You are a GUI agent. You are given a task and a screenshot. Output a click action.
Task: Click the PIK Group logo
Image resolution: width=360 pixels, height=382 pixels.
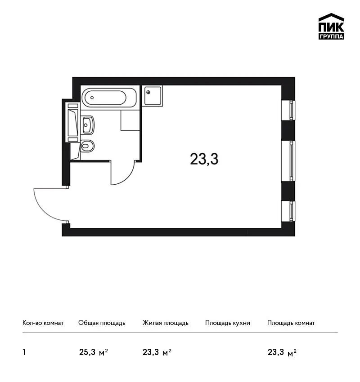click(x=331, y=27)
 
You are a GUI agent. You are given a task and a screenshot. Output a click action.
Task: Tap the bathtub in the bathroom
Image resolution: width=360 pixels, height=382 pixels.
click(x=109, y=98)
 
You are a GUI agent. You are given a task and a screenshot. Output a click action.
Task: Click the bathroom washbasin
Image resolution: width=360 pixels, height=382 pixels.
click(x=87, y=125)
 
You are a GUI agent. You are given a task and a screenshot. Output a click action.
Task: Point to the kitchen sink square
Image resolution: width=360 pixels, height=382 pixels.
click(x=153, y=96)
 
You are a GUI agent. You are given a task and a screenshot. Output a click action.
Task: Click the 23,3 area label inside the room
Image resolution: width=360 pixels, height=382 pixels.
click(x=204, y=159)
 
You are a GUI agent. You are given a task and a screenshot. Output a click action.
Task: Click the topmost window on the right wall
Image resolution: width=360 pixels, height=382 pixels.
click(x=288, y=110)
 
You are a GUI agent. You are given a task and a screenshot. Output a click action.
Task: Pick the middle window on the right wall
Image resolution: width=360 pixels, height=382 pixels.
click(x=288, y=161)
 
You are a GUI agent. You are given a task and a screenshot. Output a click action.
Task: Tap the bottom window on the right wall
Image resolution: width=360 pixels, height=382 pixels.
click(x=288, y=211)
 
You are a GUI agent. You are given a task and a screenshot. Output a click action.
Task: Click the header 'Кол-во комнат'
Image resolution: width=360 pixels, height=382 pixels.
click(x=43, y=323)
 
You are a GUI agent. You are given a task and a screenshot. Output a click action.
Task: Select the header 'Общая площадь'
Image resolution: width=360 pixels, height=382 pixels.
click(x=102, y=323)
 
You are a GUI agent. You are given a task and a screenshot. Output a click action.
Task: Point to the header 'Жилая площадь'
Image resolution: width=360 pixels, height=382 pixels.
click(x=165, y=323)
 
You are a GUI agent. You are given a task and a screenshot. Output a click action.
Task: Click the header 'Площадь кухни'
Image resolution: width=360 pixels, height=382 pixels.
click(x=228, y=323)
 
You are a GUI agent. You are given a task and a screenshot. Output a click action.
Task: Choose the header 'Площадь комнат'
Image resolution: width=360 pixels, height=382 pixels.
click(x=291, y=323)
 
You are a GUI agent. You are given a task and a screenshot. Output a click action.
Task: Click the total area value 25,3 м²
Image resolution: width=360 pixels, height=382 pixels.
click(x=94, y=352)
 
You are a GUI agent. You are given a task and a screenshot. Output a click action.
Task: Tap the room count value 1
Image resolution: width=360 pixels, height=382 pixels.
click(x=24, y=352)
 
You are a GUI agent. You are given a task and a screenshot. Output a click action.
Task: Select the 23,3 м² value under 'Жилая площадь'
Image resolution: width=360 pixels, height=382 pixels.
click(x=157, y=352)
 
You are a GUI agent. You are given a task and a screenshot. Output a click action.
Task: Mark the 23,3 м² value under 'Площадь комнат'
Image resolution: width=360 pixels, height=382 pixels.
click(x=282, y=352)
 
